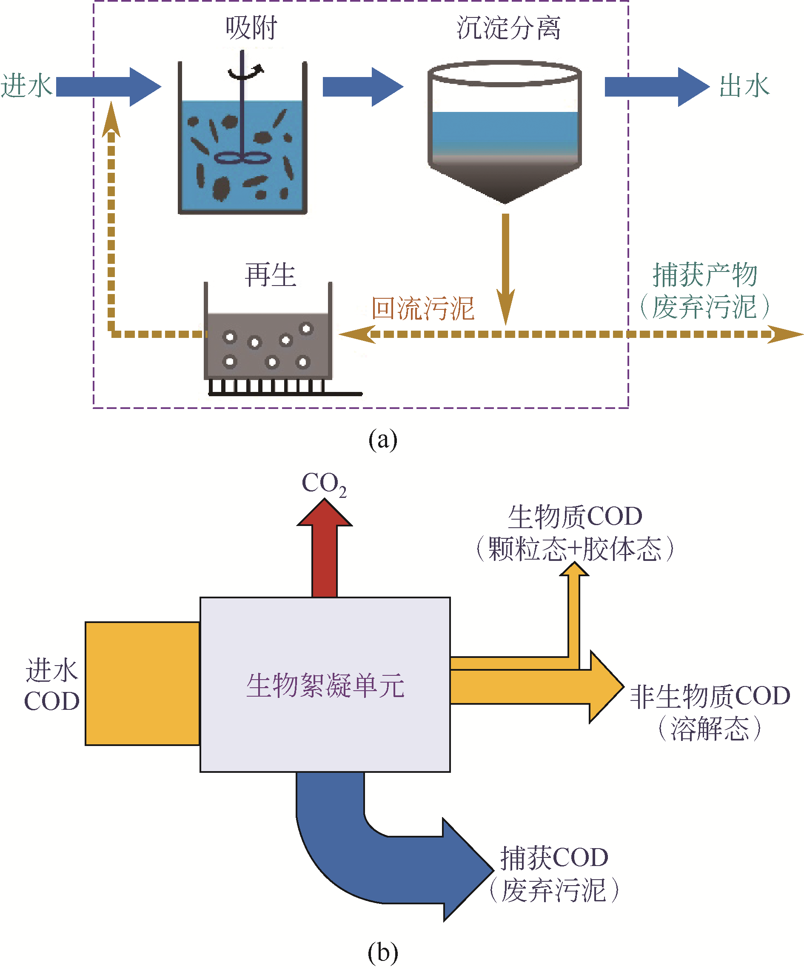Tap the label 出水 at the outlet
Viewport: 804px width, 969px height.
tap(744, 86)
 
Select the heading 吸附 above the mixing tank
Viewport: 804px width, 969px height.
tap(251, 28)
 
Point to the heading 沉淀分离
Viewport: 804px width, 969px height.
tap(508, 28)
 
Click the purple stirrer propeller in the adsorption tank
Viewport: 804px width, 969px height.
tap(241, 158)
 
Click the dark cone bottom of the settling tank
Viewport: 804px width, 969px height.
tap(505, 182)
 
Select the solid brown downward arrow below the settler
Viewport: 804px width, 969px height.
tap(505, 268)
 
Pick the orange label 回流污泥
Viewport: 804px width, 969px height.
tap(422, 308)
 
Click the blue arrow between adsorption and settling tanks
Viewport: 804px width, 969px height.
tap(362, 87)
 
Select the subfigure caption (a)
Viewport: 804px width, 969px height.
tap(382, 439)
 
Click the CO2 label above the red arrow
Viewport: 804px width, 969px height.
tap(324, 483)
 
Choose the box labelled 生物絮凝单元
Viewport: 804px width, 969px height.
tap(325, 685)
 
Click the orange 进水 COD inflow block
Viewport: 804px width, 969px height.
tap(142, 683)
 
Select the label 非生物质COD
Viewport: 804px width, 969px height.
tap(710, 696)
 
